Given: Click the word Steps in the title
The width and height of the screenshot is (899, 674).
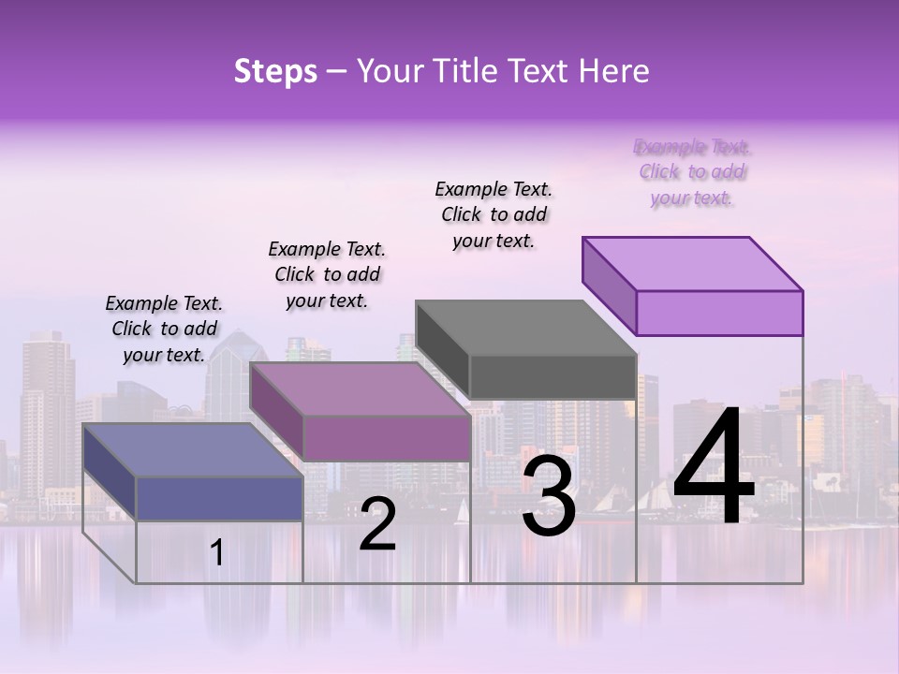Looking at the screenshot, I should click(x=275, y=71).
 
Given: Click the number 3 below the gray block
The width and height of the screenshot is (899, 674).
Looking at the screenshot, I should click(x=549, y=496).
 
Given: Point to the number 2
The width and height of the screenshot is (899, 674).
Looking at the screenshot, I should click(x=377, y=525).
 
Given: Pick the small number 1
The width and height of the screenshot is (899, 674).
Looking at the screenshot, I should click(x=217, y=553).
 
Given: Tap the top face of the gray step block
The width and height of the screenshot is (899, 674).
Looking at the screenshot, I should click(x=525, y=328).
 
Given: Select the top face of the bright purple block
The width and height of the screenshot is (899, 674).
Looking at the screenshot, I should click(x=692, y=263).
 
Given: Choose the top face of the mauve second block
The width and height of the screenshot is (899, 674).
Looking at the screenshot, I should click(x=360, y=388).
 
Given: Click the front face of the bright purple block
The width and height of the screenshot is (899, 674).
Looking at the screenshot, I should click(x=719, y=313).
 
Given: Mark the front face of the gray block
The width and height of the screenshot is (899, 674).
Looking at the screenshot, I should click(x=553, y=376).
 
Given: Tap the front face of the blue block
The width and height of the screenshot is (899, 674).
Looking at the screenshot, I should click(x=219, y=497).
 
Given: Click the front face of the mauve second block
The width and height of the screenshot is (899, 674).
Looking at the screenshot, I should click(x=386, y=437).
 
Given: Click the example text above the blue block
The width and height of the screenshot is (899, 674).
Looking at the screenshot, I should click(x=164, y=329).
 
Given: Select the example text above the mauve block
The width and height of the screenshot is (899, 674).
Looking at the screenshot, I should click(x=327, y=274).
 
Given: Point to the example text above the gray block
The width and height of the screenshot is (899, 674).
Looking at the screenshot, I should click(x=494, y=214).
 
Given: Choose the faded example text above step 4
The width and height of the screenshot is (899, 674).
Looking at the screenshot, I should click(x=692, y=172).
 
